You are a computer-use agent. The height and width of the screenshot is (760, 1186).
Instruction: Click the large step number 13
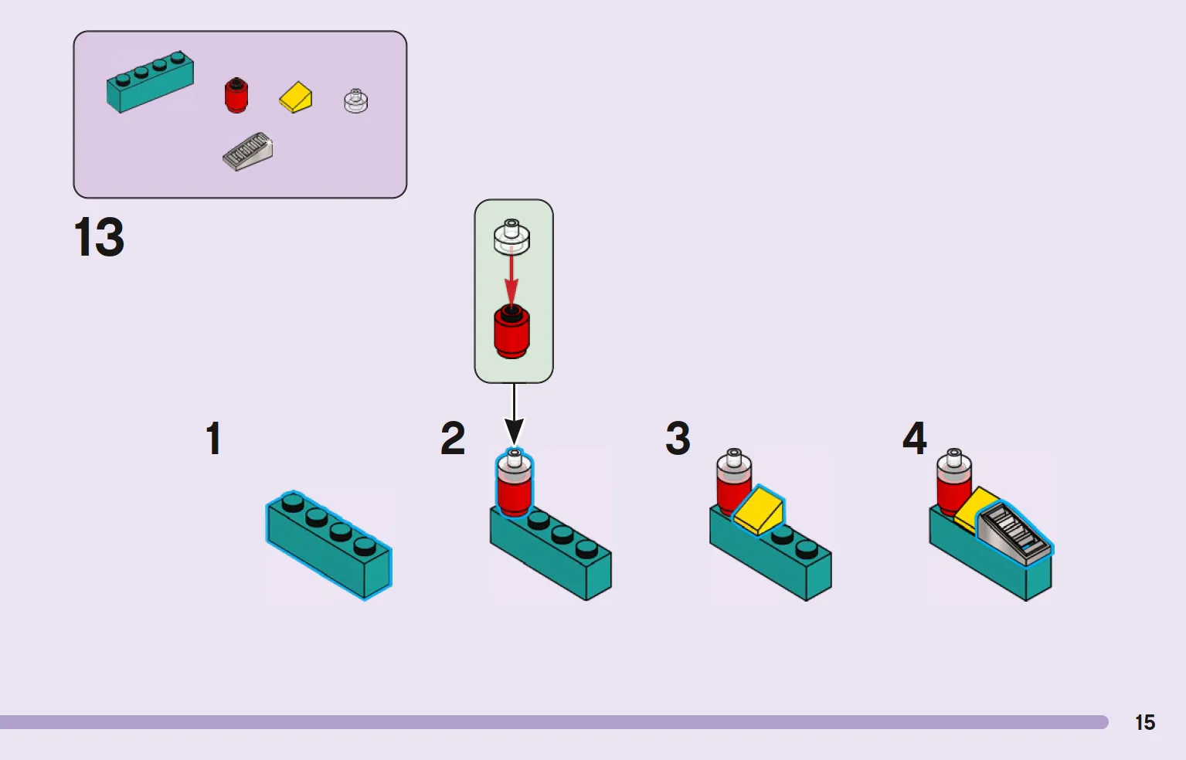click(99, 236)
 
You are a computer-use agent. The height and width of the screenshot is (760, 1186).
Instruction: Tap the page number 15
click(1145, 722)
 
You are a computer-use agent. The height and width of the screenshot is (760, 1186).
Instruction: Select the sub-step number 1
click(213, 438)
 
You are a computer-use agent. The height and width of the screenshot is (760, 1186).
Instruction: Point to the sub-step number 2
click(453, 438)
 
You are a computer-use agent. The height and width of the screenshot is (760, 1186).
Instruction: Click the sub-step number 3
click(678, 438)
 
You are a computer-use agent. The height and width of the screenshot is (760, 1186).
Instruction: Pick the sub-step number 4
click(914, 438)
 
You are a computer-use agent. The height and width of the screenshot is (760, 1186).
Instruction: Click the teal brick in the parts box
click(151, 82)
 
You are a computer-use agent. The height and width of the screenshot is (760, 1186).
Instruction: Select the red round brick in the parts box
click(236, 95)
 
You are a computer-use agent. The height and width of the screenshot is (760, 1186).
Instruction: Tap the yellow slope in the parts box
click(296, 97)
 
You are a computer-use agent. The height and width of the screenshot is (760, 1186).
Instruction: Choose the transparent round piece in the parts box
click(355, 100)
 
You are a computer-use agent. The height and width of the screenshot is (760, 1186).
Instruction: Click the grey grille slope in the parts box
click(248, 151)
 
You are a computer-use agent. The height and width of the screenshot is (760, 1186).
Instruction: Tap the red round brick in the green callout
click(511, 332)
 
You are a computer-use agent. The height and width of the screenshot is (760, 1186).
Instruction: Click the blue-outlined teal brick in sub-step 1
click(329, 545)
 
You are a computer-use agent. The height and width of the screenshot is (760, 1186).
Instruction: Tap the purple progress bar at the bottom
click(554, 722)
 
